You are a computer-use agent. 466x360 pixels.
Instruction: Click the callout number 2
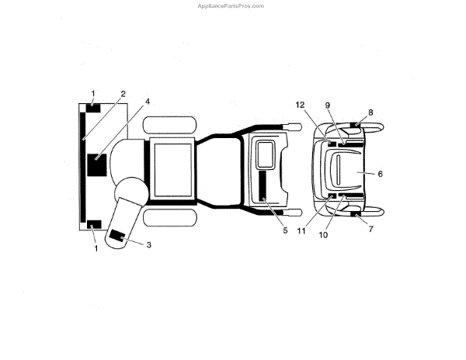point(122,94)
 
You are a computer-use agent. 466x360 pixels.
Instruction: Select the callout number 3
point(148,244)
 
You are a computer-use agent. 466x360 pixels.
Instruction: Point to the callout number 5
point(284,230)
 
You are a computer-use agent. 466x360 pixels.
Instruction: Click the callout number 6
point(380,174)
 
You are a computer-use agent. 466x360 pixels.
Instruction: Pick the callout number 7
point(370,230)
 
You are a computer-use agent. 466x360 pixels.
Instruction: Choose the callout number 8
point(370,112)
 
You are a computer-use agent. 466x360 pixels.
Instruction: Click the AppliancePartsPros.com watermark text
point(232,5)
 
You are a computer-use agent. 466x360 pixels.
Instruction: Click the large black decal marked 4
point(99,166)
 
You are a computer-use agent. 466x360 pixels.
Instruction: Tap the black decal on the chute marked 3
point(118,236)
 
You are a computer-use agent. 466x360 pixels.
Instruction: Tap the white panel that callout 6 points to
point(346,169)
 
